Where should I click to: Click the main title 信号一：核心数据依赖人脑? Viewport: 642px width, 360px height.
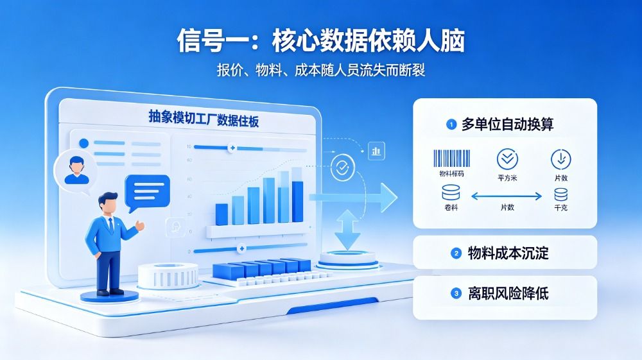coord(321,40)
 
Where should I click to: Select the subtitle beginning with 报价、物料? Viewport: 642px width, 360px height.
coord(321,70)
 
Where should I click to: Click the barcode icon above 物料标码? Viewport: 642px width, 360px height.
coord(451,159)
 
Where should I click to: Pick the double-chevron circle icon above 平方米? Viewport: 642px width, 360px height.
coord(507,159)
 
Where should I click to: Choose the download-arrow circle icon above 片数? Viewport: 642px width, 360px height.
coord(561,160)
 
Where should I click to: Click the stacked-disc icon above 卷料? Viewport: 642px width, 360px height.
coord(451,193)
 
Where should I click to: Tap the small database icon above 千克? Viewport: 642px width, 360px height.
coord(561,194)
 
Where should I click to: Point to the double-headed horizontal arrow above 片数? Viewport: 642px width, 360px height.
coord(507,196)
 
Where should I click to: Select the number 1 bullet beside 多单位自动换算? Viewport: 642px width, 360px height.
coord(451,124)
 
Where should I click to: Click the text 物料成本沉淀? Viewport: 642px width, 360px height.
coord(508,253)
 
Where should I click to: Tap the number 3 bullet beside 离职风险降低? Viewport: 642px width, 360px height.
coord(456,293)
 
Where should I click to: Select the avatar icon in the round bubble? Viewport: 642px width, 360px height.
coord(76,170)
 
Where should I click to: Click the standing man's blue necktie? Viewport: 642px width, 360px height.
coord(110,225)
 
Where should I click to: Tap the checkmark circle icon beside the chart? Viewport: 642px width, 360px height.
coord(342,167)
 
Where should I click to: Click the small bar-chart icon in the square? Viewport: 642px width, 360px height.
coord(376,151)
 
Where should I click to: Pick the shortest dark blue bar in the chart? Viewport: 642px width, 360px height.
coord(221,214)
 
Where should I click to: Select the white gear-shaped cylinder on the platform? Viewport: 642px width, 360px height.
coord(168,276)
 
